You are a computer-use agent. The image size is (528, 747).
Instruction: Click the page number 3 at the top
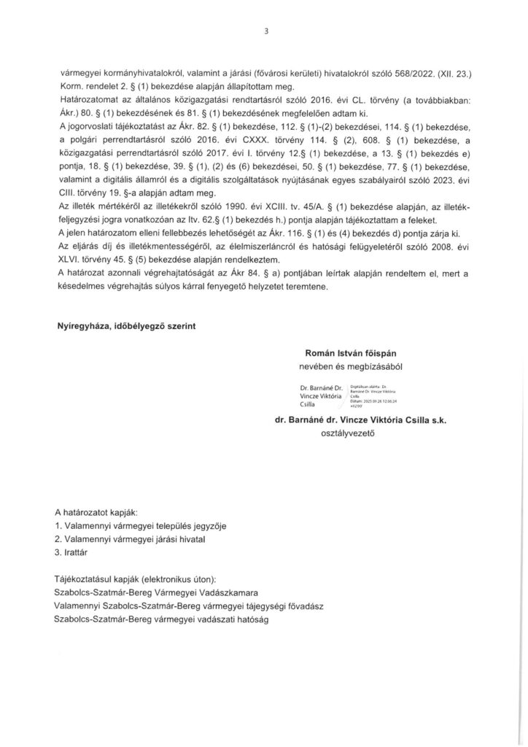(267, 31)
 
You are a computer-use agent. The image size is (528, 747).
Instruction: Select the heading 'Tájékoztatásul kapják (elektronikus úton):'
(141, 576)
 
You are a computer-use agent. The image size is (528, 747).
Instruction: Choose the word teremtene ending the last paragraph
(306, 287)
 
